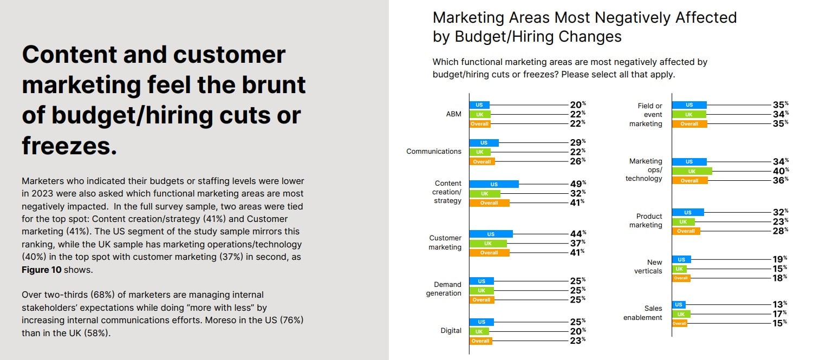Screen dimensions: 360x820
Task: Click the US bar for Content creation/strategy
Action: [x=494, y=184]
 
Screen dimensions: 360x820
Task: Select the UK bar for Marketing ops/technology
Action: [x=692, y=171]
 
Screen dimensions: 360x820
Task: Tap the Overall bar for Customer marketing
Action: [x=489, y=252]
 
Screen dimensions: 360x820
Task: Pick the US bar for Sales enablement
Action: [x=679, y=305]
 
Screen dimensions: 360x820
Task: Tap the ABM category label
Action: [x=454, y=114]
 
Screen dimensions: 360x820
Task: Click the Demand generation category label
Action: [x=447, y=289]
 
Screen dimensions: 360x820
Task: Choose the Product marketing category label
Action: [x=646, y=220]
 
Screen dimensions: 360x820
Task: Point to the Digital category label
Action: [x=451, y=330]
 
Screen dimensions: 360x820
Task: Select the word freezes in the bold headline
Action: [x=69, y=146]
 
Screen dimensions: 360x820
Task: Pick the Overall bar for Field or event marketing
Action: [x=689, y=124]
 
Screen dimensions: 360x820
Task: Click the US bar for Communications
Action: [x=484, y=143]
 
